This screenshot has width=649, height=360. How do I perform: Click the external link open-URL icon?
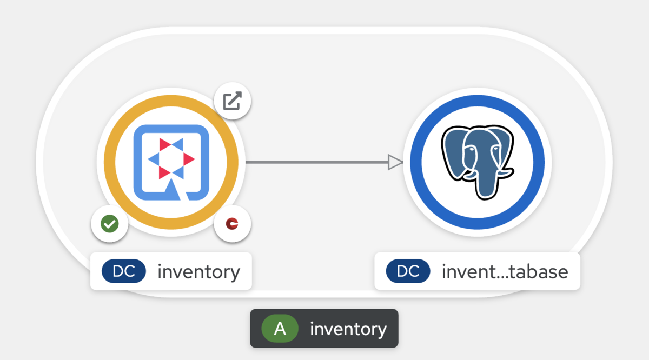[x=233, y=101]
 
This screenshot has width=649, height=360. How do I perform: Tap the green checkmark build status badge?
[x=109, y=224]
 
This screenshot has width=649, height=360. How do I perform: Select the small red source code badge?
[x=232, y=224]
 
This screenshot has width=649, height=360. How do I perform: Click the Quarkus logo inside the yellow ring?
[x=171, y=163]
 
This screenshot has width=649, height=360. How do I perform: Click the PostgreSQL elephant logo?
[x=478, y=162]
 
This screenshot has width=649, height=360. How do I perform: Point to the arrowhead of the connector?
[x=395, y=162]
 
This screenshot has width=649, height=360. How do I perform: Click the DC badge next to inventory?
[x=124, y=271]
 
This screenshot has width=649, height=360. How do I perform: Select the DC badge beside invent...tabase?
[x=408, y=271]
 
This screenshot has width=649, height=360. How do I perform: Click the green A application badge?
[x=280, y=329]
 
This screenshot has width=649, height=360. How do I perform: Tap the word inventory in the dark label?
[x=348, y=329]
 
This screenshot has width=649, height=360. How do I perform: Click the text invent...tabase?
[x=505, y=272]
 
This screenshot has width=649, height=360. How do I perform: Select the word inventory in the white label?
[x=199, y=272]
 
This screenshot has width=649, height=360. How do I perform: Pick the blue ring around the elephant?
[x=416, y=162]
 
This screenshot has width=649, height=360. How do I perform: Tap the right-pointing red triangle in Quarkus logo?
[x=188, y=159]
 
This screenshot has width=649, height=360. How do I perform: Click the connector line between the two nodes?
[x=317, y=162]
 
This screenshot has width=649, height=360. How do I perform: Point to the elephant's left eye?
[x=472, y=149]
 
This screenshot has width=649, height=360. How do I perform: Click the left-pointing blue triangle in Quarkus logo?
[x=154, y=159]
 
